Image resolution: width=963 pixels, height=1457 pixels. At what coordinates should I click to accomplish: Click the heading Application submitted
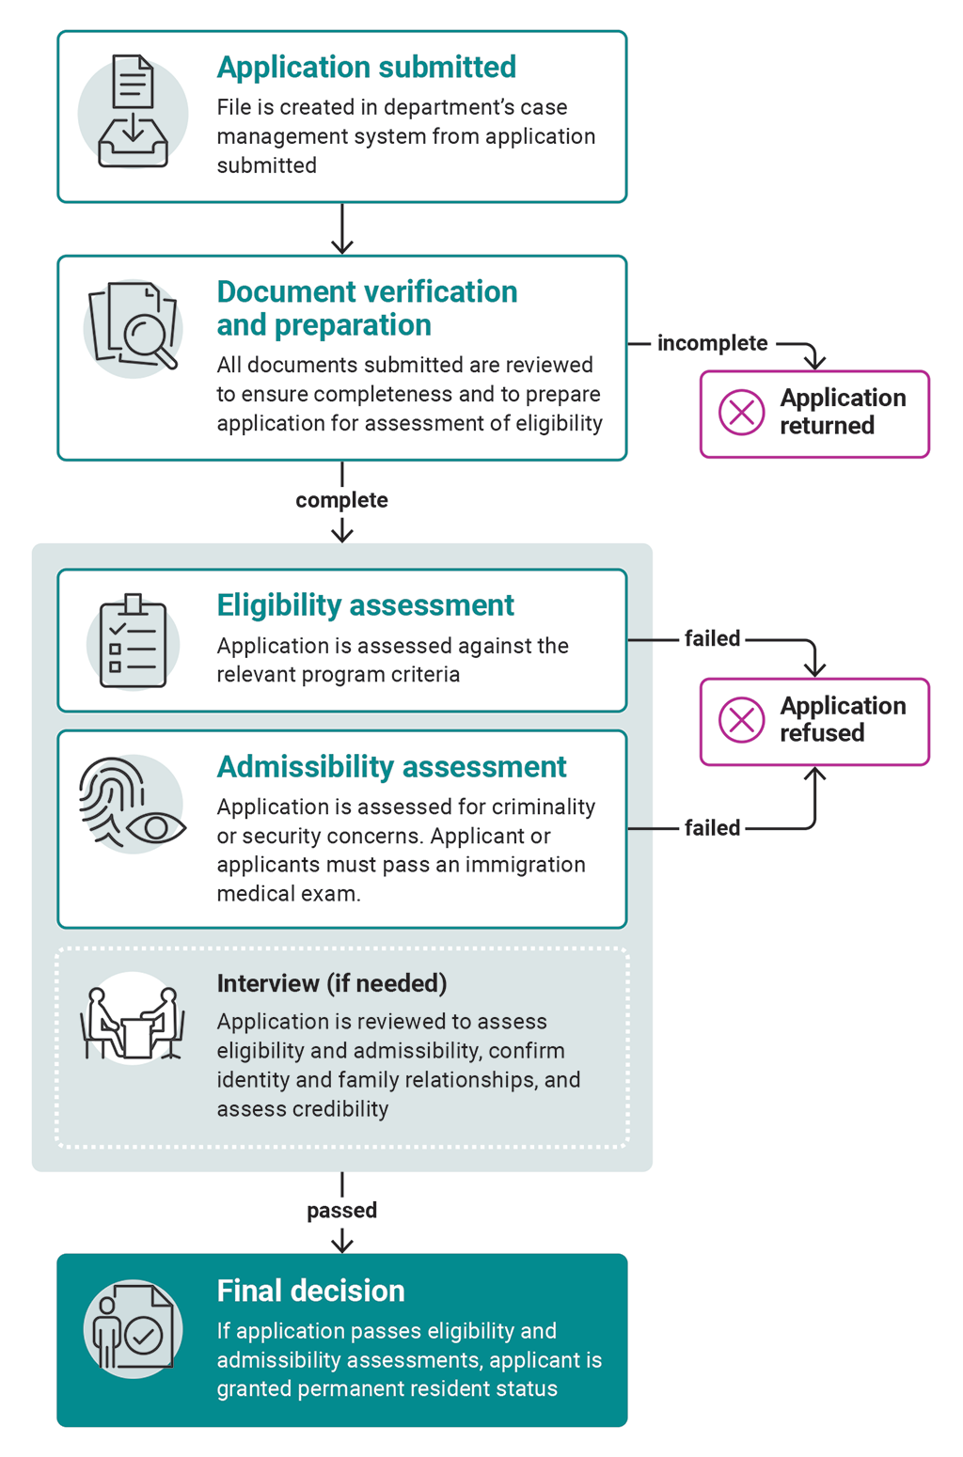point(366,68)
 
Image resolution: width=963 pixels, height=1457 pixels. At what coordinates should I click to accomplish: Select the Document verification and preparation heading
point(367,307)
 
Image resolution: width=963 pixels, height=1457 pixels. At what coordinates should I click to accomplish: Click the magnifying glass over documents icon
point(134,327)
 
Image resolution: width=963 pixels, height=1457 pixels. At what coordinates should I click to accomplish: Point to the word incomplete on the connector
point(712,343)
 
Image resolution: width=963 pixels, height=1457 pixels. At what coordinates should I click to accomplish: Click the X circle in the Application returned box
point(741,413)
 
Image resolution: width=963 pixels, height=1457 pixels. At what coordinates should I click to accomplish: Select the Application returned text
point(842,412)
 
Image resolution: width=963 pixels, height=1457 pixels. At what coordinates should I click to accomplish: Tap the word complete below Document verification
point(341,500)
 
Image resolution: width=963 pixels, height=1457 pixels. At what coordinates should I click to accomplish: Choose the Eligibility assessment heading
point(365,605)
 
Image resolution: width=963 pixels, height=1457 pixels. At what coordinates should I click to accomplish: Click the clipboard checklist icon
point(133,641)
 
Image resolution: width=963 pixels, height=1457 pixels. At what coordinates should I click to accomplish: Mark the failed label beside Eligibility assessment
point(712,639)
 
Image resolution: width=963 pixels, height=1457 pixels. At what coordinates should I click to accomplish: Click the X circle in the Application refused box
point(741,720)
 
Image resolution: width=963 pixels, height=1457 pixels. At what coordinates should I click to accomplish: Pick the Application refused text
point(842,719)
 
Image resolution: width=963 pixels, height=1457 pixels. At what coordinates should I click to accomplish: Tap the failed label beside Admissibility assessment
point(712,828)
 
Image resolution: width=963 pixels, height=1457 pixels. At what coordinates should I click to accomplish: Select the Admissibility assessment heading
point(391,767)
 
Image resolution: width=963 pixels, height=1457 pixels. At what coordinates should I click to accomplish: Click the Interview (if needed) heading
point(331,983)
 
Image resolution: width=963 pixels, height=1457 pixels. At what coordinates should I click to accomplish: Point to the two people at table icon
point(133,1023)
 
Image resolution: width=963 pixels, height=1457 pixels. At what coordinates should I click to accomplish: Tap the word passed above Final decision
point(341,1211)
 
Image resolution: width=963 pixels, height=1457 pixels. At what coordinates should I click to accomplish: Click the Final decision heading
point(310,1291)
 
